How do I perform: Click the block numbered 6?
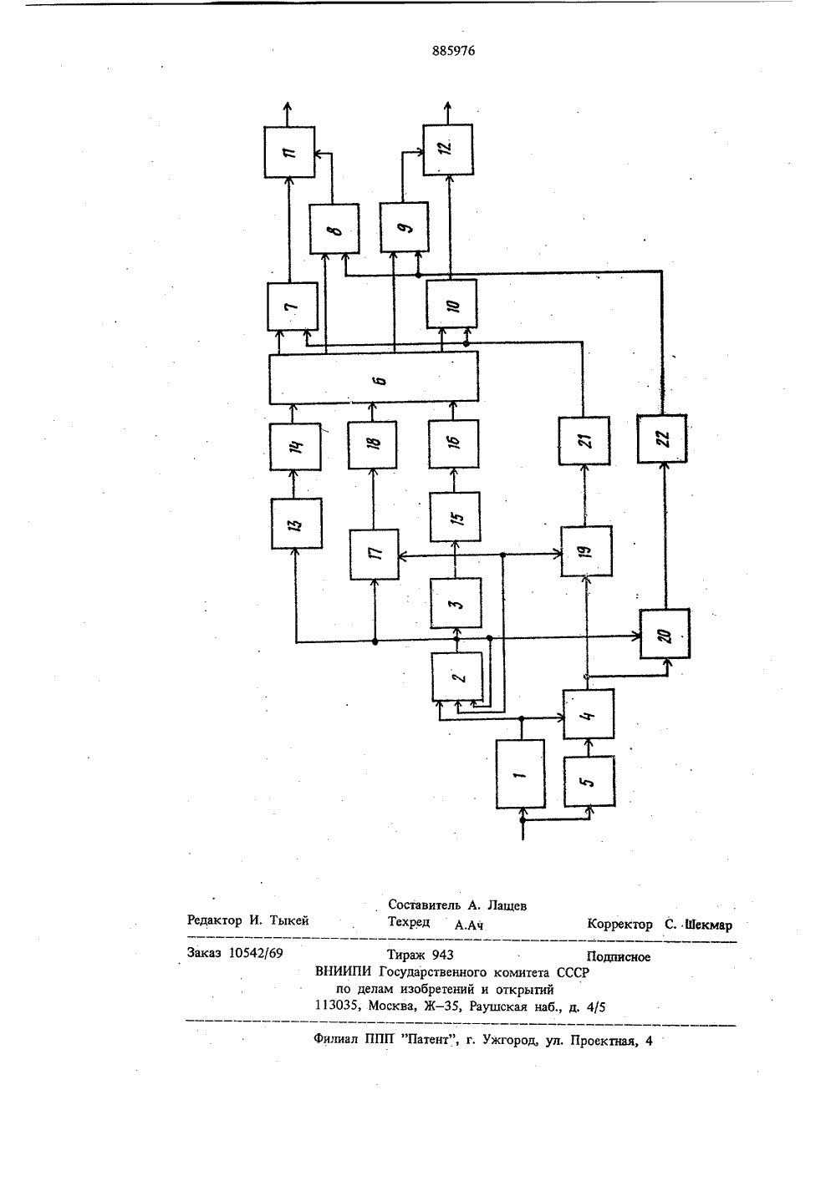[374, 378]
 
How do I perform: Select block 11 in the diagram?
[289, 152]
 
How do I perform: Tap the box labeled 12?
[447, 150]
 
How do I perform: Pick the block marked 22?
[662, 438]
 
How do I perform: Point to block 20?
[665, 634]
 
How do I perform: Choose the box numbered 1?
[520, 774]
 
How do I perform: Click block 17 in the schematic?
[375, 554]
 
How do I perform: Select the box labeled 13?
[296, 524]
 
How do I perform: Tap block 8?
[334, 229]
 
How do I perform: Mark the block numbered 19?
[586, 551]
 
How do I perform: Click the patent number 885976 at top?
[453, 51]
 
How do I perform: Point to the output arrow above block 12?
[447, 113]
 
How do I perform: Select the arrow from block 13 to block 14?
[295, 484]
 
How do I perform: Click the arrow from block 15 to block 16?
[454, 479]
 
